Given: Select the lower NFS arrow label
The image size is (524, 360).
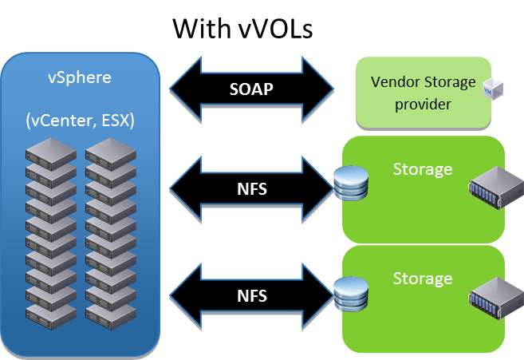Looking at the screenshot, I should (251, 295).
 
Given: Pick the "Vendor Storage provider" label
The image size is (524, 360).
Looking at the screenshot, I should (423, 93).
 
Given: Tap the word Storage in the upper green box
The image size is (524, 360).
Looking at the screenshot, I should (423, 170).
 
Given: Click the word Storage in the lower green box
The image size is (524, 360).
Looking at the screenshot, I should (423, 279).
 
